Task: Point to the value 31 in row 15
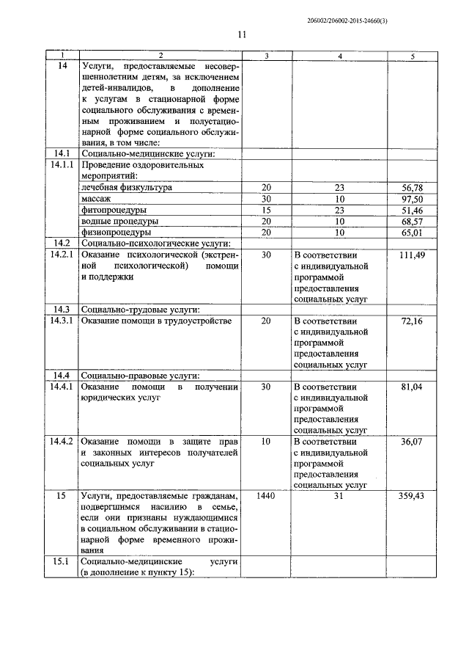[339, 497]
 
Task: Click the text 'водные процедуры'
[118, 221]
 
